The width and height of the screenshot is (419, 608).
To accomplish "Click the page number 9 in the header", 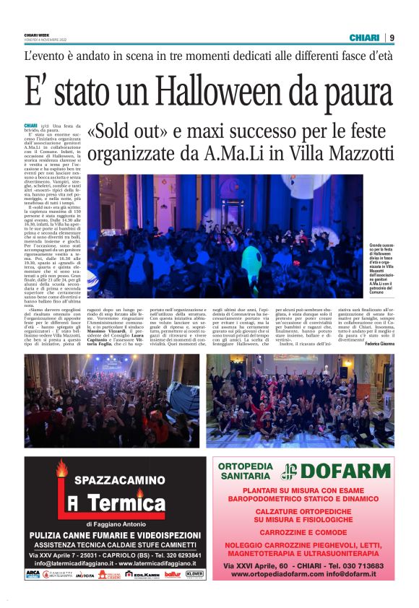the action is point(392,38).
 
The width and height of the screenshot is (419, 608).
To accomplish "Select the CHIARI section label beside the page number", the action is point(365,38).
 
